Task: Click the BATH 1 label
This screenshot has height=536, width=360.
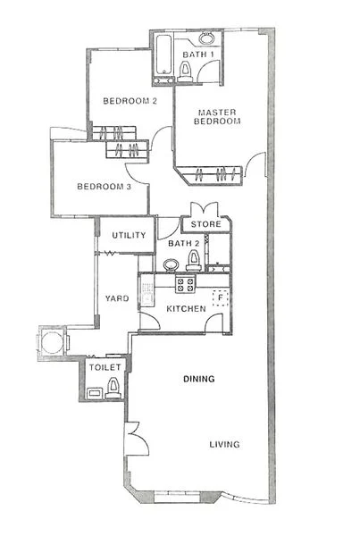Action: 197,54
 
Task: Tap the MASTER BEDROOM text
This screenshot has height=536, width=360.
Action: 218,117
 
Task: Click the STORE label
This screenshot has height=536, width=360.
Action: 206,224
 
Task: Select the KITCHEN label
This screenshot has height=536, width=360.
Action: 187,309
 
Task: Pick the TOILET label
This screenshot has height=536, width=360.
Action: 104,367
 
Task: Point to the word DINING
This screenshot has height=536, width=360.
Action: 199,380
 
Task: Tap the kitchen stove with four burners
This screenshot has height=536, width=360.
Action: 186,286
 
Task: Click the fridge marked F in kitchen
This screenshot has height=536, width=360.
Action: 217,297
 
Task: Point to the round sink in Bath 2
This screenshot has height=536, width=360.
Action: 170,265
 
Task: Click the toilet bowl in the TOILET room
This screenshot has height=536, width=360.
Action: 113,386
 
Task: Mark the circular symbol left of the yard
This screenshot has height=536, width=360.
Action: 51,340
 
